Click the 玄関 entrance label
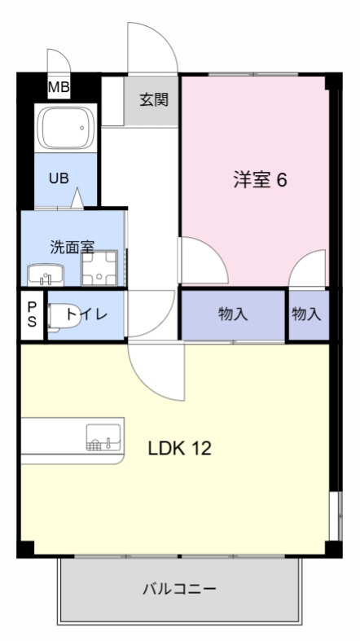pos(153,100)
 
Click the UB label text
pos(58,179)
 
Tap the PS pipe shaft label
pos(33,314)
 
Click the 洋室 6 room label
pos(260,180)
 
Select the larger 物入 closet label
pos(233,314)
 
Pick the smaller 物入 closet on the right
pos(307,314)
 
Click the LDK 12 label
pos(179,448)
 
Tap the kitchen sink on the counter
pos(103,438)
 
